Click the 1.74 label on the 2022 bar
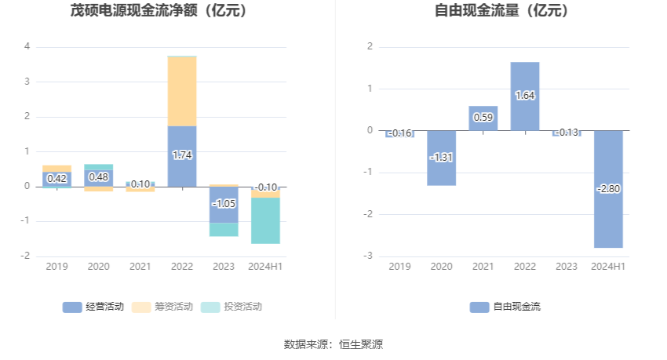pyautogui.click(x=182, y=155)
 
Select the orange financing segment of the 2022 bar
pyautogui.click(x=182, y=91)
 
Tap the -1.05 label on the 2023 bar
pyautogui.click(x=224, y=203)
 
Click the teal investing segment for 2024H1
pyautogui.click(x=265, y=220)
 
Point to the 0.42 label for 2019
pyautogui.click(x=56, y=179)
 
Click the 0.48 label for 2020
pyautogui.click(x=98, y=177)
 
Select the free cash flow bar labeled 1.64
pyautogui.click(x=525, y=96)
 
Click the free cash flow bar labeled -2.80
pyautogui.click(x=608, y=189)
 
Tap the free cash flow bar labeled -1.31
pyautogui.click(x=442, y=158)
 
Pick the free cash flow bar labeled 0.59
pyautogui.click(x=483, y=118)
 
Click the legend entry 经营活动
pyautogui.click(x=93, y=307)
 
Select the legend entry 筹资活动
pyautogui.click(x=162, y=307)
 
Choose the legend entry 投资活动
pyautogui.click(x=231, y=307)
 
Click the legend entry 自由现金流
pyautogui.click(x=506, y=307)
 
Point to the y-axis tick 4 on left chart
pyautogui.click(x=27, y=46)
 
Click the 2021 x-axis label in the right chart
pyautogui.click(x=483, y=267)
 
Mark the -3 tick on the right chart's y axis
pyautogui.click(x=369, y=256)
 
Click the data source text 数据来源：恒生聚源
pyautogui.click(x=333, y=344)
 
